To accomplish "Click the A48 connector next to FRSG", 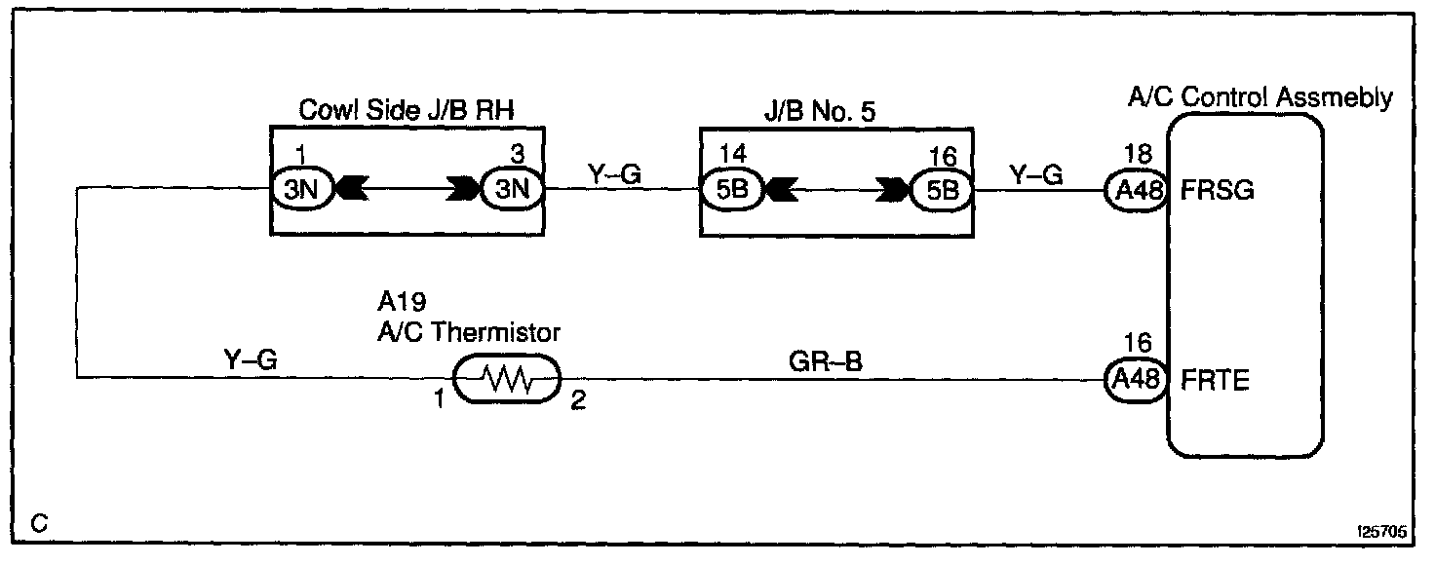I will coord(1137,190).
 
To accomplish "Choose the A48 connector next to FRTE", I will coord(1137,380).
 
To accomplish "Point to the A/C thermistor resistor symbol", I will coord(508,379).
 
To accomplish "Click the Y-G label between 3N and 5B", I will coord(613,175).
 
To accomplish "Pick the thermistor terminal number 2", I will coord(578,400).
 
